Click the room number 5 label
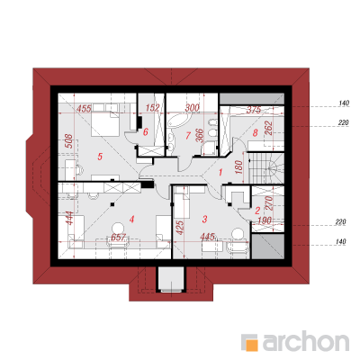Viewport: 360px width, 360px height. point(100,157)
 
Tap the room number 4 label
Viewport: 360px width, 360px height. point(131,220)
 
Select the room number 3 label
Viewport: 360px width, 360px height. point(205,219)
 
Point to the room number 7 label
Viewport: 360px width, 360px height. point(188,136)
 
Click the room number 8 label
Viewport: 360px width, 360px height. point(255,132)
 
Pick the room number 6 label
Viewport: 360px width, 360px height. point(146,131)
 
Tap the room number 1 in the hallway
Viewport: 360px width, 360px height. point(220,173)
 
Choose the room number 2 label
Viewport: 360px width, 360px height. point(257,211)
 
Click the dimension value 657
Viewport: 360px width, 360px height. point(118,238)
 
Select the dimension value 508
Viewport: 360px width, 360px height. point(68,141)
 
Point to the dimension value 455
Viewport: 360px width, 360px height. point(84,108)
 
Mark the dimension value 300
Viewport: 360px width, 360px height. point(192,108)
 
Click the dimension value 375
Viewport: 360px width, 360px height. point(254,110)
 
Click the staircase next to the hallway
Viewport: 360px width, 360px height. point(265,168)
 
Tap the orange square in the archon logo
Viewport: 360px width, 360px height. point(252,345)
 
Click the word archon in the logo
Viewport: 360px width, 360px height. point(306,341)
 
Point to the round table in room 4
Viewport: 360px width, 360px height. point(119,229)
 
